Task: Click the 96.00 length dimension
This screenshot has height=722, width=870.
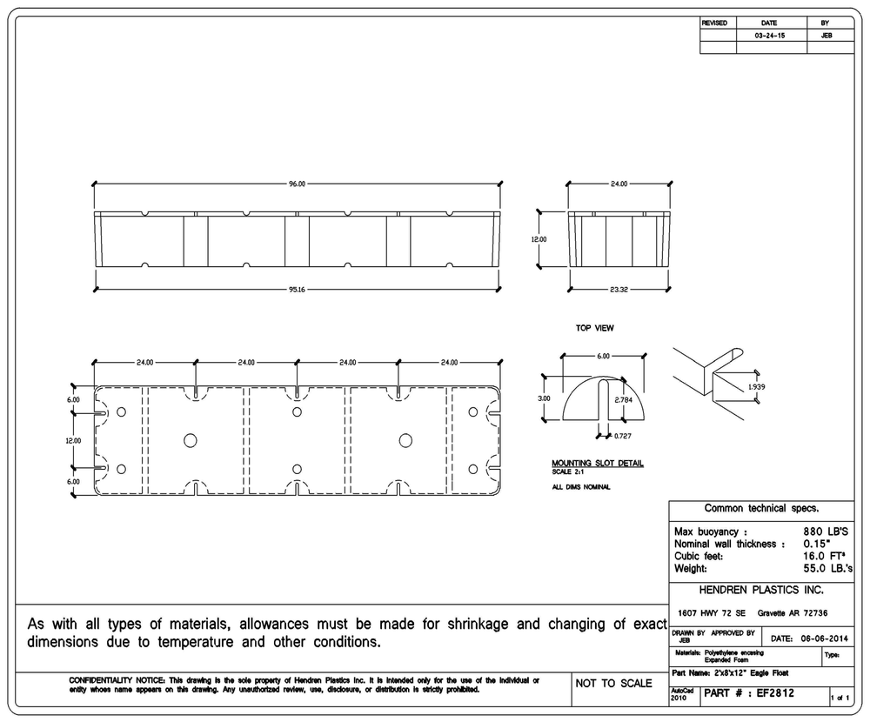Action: pyautogui.click(x=298, y=184)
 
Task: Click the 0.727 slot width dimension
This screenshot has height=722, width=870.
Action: pyautogui.click(x=622, y=435)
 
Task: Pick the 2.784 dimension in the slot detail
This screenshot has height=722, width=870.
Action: pyautogui.click(x=623, y=399)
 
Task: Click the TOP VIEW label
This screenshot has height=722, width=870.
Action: pyautogui.click(x=595, y=329)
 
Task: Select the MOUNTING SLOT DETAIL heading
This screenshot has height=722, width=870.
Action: pyautogui.click(x=598, y=463)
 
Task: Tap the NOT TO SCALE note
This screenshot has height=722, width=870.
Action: pyautogui.click(x=613, y=684)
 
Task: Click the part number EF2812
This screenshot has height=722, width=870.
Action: pyautogui.click(x=775, y=695)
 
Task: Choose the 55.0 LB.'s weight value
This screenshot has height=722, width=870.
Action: pyautogui.click(x=824, y=568)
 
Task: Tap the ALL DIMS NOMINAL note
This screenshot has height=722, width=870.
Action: pyautogui.click(x=581, y=486)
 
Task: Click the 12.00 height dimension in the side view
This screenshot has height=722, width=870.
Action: pyautogui.click(x=540, y=239)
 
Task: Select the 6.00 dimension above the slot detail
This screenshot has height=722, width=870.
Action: pyautogui.click(x=603, y=356)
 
